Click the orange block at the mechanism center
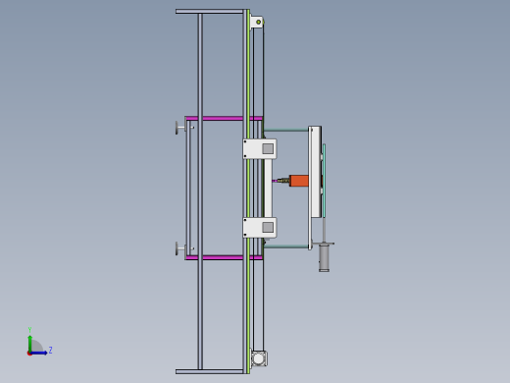299,181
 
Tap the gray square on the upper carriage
268,148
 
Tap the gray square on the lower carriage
268,227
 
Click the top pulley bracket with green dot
257,22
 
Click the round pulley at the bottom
259,358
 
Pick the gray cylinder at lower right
324,257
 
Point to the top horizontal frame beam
209,12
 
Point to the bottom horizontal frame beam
209,371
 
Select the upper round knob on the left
178,128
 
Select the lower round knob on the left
178,248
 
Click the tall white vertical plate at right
315,172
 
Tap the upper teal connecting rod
286,130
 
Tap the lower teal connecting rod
286,246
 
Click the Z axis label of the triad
50,350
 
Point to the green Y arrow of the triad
29,340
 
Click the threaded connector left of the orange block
282,181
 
